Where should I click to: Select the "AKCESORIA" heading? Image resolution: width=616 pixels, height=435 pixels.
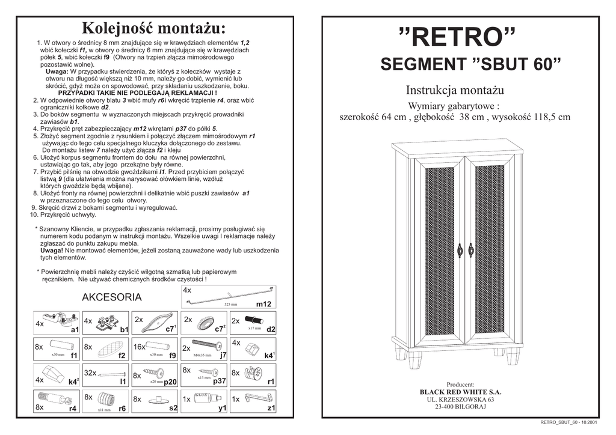112,297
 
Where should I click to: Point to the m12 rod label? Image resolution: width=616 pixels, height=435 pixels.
264,305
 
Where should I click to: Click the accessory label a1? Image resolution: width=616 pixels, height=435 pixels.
74,330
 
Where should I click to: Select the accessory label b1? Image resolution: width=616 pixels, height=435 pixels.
124,330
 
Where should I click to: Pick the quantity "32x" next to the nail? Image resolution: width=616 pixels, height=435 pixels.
90,373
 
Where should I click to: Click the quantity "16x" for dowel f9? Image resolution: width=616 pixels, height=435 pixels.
140,347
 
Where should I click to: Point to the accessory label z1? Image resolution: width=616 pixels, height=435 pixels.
271,408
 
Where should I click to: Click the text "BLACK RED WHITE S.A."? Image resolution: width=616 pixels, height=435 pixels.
460,392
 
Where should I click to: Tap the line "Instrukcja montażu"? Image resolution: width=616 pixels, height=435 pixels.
454,91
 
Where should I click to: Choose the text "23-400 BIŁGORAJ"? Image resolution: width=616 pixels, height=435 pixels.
460,407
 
